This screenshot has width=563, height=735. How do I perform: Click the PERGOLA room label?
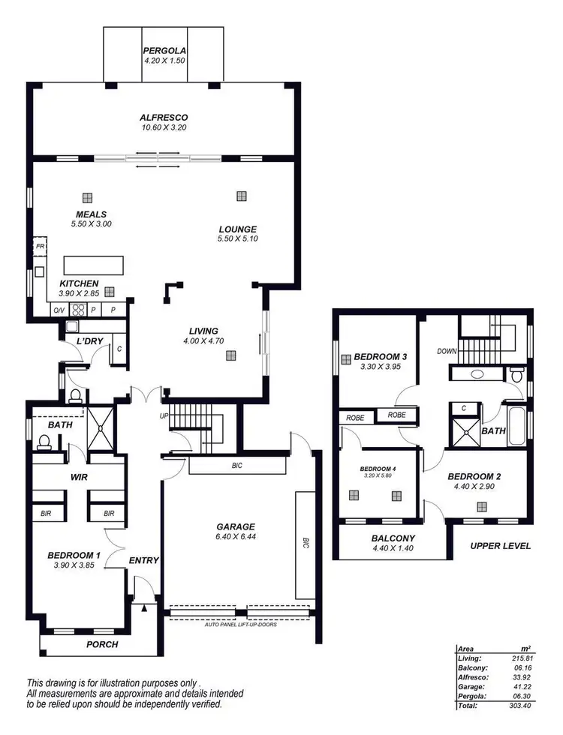point(164,51)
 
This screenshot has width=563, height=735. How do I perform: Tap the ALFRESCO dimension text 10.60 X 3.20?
point(163,128)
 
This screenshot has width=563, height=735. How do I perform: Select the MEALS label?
point(91,214)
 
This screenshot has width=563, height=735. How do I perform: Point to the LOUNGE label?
point(238,229)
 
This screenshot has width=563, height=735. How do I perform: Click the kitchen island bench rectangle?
point(95,265)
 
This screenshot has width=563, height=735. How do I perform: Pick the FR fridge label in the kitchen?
point(39,245)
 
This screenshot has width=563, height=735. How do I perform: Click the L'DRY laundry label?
point(89,342)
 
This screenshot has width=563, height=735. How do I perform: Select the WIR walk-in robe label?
point(80,475)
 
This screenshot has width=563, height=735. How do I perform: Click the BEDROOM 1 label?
point(74,555)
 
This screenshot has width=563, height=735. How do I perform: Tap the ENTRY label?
point(143,560)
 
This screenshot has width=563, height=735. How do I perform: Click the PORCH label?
point(102,644)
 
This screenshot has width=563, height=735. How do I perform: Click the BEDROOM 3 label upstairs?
point(381,355)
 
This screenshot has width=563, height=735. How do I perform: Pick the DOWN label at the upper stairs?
point(447,351)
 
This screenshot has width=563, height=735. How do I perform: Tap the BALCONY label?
point(393,538)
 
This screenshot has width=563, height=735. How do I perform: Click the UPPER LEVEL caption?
point(501,546)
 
